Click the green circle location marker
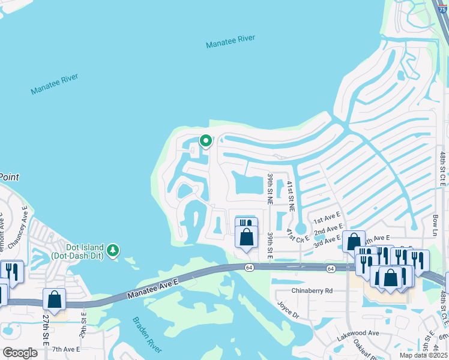[x=205, y=141]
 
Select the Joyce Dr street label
[x=288, y=310]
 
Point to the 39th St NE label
[x=270, y=188]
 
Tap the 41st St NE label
[x=291, y=196]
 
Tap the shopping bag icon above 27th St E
[x=55, y=298]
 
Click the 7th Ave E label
[x=67, y=349]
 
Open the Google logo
[x=20, y=352]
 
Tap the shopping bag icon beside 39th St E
[x=246, y=236]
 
